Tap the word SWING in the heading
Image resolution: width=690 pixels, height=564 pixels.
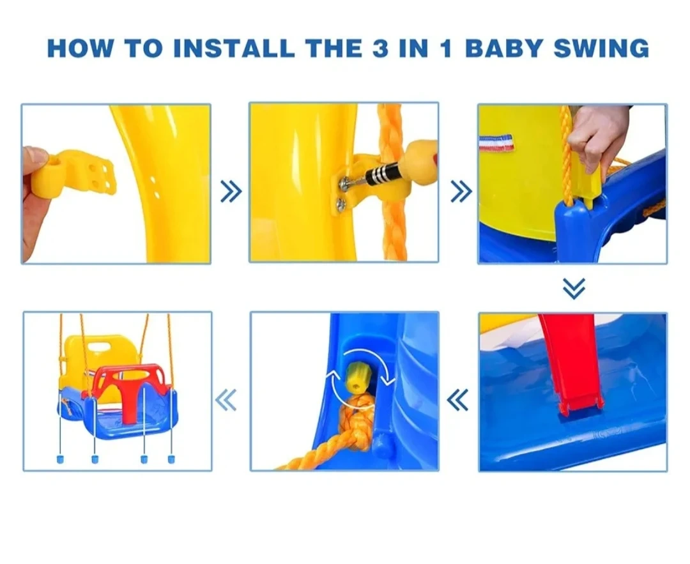pyautogui.click(x=601, y=48)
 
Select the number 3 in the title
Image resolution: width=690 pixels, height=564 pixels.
pyautogui.click(x=380, y=49)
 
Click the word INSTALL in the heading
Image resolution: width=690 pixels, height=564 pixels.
pyautogui.click(x=234, y=48)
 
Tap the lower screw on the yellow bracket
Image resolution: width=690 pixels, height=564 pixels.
pyautogui.click(x=340, y=204)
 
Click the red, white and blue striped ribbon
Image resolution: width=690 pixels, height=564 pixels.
pyautogui.click(x=496, y=143)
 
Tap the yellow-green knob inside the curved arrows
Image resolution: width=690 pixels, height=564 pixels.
pyautogui.click(x=358, y=378)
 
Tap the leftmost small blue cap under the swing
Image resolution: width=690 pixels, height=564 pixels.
pyautogui.click(x=60, y=459)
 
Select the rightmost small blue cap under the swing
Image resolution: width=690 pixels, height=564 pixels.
pyautogui.click(x=171, y=459)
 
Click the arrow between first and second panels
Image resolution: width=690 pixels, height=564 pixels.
pyautogui.click(x=231, y=192)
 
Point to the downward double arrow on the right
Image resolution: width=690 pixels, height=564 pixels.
pyautogui.click(x=574, y=289)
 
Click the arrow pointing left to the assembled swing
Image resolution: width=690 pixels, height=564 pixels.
pyautogui.click(x=226, y=400)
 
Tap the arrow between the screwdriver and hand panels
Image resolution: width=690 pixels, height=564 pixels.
pyautogui.click(x=461, y=192)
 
